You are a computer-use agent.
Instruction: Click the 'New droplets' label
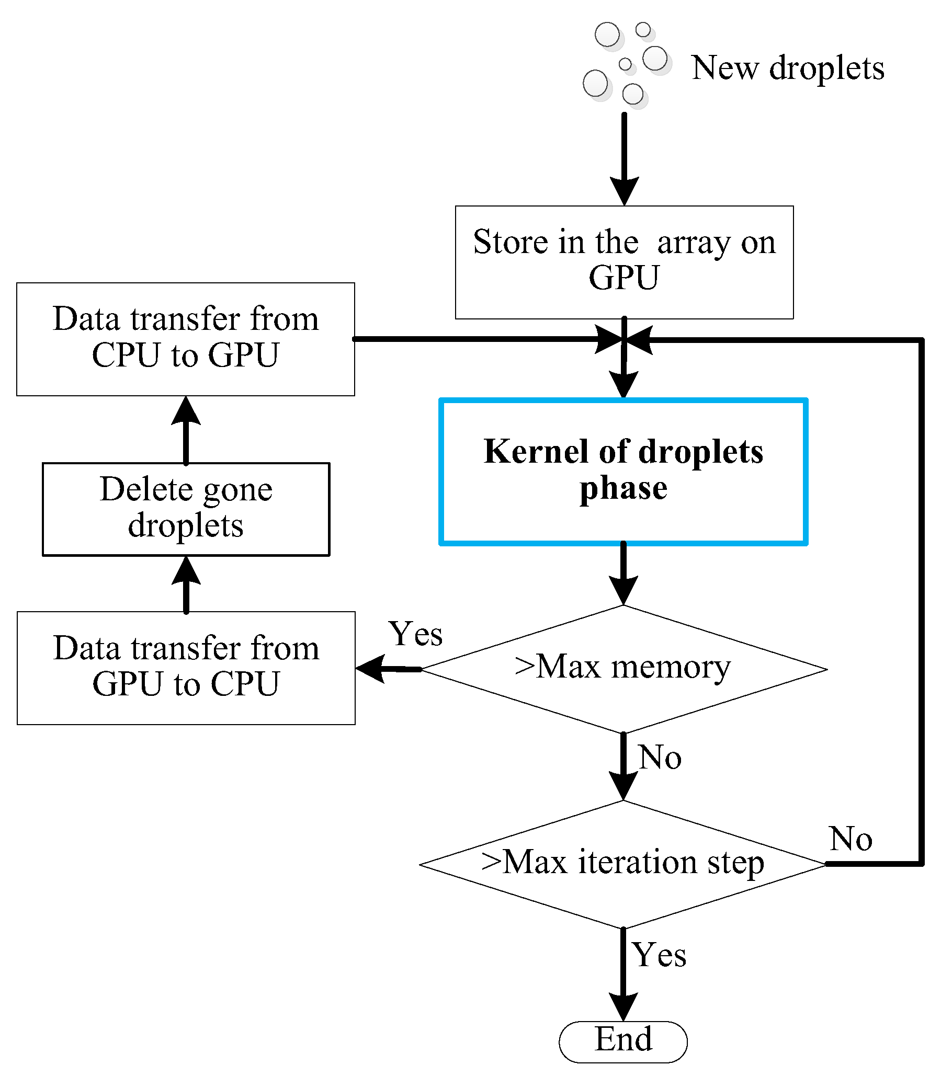787,68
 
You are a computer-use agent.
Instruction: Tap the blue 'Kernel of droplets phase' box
623,472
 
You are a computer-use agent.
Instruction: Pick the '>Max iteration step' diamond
623,863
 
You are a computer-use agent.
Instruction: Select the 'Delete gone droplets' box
186,508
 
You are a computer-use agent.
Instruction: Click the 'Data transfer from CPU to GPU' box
185,339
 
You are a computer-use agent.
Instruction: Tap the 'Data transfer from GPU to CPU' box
186,667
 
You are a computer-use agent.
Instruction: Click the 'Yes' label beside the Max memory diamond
415,634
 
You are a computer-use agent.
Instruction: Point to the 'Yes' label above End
659,954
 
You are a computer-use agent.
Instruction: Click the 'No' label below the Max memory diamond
660,758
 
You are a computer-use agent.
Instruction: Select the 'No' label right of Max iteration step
851,839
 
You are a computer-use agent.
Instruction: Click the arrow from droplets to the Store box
624,157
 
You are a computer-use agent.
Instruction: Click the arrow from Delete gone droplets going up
186,430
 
